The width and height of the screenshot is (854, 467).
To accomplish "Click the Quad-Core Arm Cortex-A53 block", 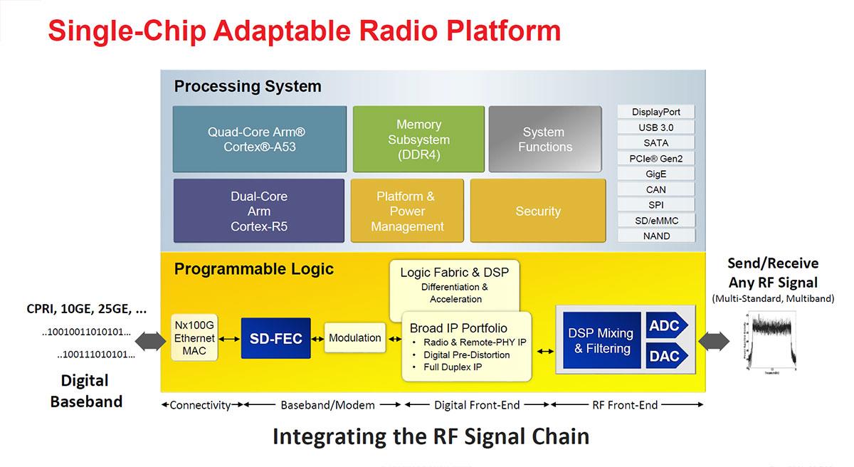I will (x=260, y=140).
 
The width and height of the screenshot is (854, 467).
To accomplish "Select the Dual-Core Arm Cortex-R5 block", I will (x=259, y=211).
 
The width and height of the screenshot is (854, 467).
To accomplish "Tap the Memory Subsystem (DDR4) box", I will (x=418, y=140).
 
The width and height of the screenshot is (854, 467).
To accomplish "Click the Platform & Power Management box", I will (x=406, y=211).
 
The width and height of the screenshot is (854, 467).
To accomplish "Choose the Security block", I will (x=538, y=211).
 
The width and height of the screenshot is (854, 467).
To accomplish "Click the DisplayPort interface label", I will (x=655, y=112).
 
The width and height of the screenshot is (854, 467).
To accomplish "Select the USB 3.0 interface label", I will (x=655, y=127).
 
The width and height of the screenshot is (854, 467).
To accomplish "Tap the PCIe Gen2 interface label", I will (x=655, y=158).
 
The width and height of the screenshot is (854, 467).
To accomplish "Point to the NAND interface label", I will (x=655, y=236).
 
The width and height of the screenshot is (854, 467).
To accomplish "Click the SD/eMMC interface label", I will (x=655, y=220).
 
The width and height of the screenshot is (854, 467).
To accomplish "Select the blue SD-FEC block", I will (x=275, y=339).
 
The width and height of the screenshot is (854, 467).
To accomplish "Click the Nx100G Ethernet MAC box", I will (x=194, y=339).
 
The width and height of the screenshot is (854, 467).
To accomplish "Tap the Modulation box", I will (x=354, y=338).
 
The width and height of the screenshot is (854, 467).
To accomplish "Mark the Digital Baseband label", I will (x=86, y=391).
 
